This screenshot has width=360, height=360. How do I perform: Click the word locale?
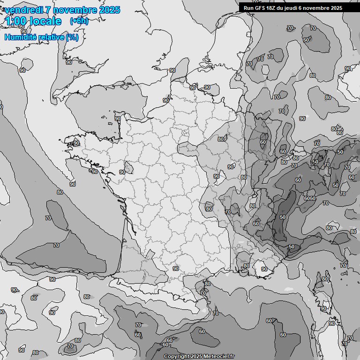click(45, 21)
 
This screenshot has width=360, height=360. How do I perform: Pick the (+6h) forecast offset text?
click(79, 21)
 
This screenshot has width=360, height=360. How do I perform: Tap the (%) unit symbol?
click(72, 37)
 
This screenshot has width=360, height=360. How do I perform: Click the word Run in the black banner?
click(249, 8)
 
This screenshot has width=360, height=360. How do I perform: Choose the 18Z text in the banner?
click(272, 8)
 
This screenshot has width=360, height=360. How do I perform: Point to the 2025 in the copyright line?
click(196, 356)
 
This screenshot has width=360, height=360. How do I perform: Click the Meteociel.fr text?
click(219, 356)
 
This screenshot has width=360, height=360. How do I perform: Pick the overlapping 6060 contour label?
click(310, 198)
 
